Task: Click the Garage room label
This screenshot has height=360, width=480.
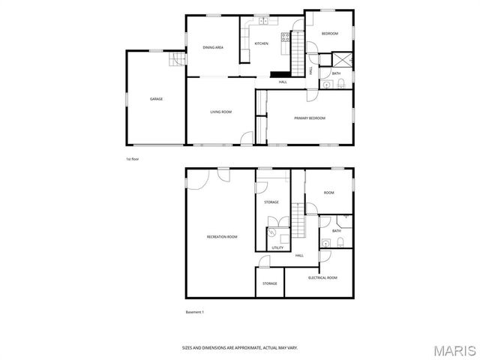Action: [156, 99]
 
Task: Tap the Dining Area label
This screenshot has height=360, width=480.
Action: [213, 47]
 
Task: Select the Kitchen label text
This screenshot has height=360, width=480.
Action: [261, 43]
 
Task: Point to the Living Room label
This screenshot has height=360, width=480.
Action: [220, 112]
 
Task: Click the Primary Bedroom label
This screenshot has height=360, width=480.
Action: [309, 118]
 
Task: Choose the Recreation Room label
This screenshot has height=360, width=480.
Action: [222, 237]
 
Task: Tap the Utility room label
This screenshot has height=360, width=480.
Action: [277, 247]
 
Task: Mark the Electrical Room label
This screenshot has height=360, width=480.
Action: [322, 277]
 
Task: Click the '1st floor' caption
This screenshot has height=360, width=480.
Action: [132, 159]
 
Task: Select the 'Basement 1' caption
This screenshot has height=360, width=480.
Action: [195, 312]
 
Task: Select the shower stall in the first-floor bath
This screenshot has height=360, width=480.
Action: [340, 61]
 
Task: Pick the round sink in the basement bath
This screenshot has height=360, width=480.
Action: [325, 243]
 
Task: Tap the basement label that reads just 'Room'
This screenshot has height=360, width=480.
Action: [328, 193]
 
